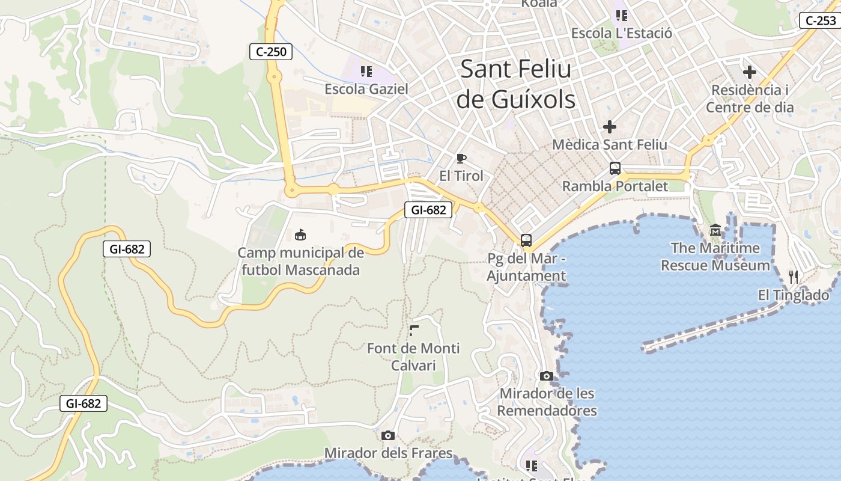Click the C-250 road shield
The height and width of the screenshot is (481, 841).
(x=271, y=52)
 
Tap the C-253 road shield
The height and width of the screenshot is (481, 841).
(x=820, y=20)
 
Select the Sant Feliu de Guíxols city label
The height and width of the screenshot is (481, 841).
(x=515, y=84)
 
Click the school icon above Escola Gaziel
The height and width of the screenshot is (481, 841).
(x=366, y=72)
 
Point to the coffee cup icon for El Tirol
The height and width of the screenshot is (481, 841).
(x=461, y=158)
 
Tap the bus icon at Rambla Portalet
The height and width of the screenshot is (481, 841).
(x=615, y=168)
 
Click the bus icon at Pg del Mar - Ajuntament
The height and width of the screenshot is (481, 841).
(x=526, y=240)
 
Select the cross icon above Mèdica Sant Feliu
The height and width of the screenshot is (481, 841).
(x=610, y=127)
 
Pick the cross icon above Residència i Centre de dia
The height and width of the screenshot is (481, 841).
(x=749, y=73)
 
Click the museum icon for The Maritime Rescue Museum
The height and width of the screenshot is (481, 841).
(x=715, y=230)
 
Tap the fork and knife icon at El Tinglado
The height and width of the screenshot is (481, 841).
(x=794, y=277)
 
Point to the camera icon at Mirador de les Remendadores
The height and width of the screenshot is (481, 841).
(x=546, y=376)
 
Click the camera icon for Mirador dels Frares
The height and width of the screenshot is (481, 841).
(x=388, y=435)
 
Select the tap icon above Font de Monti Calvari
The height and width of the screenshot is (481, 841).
(x=414, y=330)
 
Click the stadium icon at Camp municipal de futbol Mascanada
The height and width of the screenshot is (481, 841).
(x=300, y=234)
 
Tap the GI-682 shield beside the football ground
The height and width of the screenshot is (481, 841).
(x=428, y=210)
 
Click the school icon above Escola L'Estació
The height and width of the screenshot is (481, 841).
(x=621, y=15)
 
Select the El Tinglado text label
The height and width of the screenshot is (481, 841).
(x=793, y=295)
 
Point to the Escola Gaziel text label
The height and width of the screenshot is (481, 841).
(x=366, y=89)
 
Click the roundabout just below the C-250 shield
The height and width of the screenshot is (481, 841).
(x=275, y=76)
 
